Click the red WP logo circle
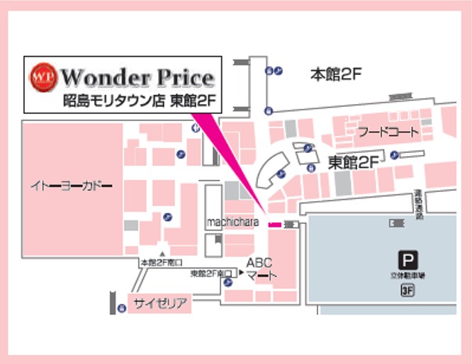[x=43, y=76]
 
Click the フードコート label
[x=388, y=132]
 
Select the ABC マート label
[x=259, y=269]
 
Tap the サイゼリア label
[x=161, y=304]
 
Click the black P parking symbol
[x=407, y=260]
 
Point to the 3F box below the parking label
[x=407, y=289]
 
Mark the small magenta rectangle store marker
[x=274, y=224]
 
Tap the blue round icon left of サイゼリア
[x=120, y=304]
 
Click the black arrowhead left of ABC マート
[x=241, y=273]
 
